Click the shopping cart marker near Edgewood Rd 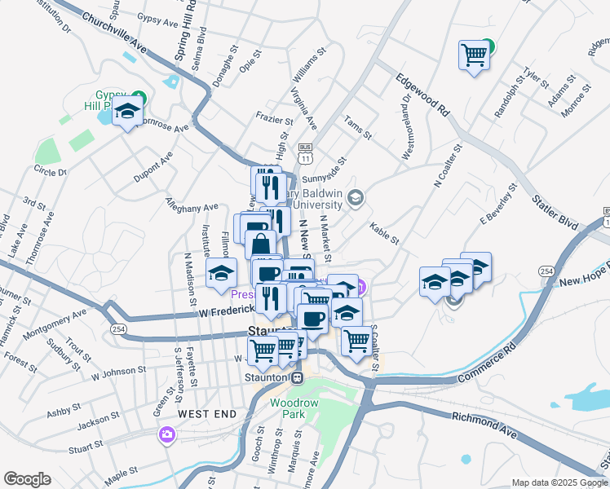(473, 55)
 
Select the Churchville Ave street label (113, 33)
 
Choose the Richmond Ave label (484, 425)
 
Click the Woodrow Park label (287, 408)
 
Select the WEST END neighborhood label (207, 414)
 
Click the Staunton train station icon (298, 377)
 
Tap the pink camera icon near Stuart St (168, 434)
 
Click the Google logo (27, 479)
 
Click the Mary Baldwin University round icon (355, 197)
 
